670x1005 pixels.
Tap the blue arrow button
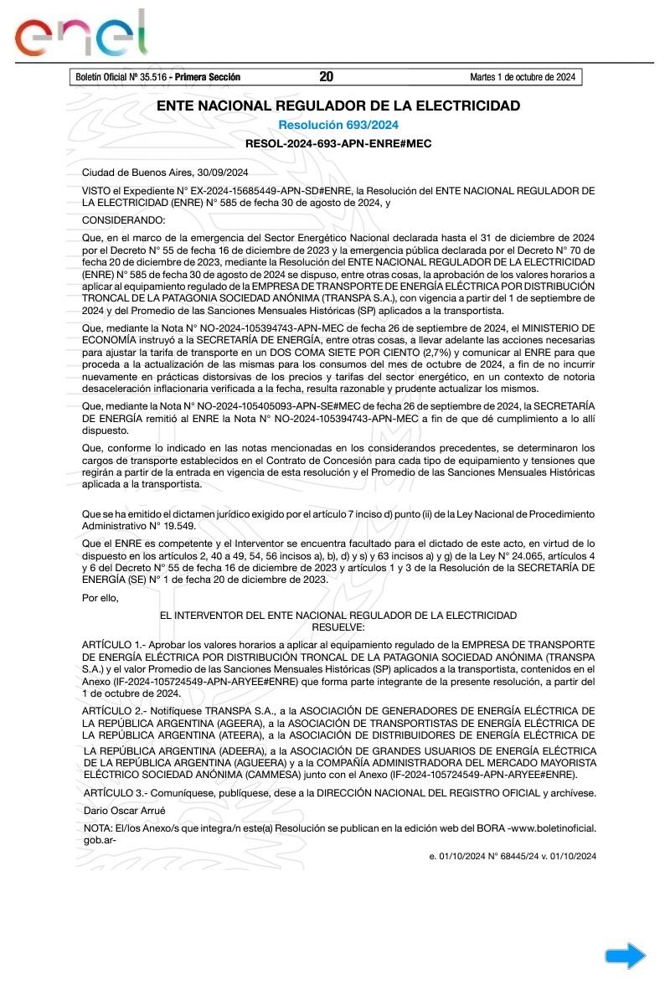[x=626, y=956]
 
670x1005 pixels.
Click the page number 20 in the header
[x=327, y=77]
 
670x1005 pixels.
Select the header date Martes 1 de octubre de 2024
[x=523, y=77]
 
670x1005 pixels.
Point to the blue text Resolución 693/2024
[x=338, y=125]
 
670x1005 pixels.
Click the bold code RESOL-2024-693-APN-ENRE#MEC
[x=338, y=144]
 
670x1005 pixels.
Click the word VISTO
[x=98, y=190]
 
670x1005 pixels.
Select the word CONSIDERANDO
[x=124, y=219]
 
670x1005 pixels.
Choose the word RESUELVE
[x=338, y=626]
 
